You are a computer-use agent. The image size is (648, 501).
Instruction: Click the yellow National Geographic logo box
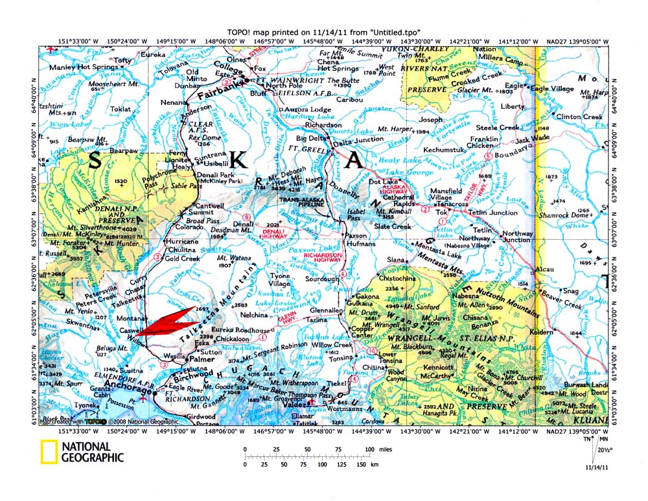(48, 452)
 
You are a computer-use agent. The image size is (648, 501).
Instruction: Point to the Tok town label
(442, 212)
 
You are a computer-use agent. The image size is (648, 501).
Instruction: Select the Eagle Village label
(553, 88)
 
